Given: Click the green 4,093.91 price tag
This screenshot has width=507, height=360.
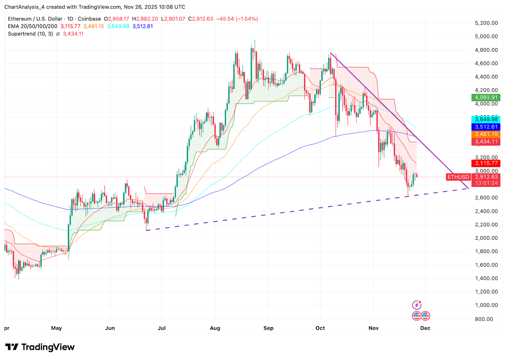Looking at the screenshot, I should pyautogui.click(x=486, y=98).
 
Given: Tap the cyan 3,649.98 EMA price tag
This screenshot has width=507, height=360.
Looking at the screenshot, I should pyautogui.click(x=486, y=119).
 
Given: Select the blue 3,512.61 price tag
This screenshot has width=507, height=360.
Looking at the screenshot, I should pyautogui.click(x=486, y=127).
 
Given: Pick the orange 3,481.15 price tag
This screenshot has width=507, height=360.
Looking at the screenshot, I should pyautogui.click(x=486, y=134).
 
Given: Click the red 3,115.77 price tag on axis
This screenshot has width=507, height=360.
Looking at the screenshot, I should pyautogui.click(x=486, y=163).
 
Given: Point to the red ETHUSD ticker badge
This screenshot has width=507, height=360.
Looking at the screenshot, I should pyautogui.click(x=458, y=177).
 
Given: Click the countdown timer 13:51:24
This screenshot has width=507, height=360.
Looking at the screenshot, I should pyautogui.click(x=486, y=183).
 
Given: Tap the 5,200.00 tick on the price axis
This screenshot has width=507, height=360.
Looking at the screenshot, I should pyautogui.click(x=486, y=23).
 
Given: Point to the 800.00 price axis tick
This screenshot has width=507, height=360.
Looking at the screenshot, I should pyautogui.click(x=484, y=319).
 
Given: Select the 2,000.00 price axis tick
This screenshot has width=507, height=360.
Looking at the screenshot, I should pyautogui.click(x=486, y=238).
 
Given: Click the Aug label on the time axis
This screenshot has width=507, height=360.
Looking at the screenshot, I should pyautogui.click(x=215, y=328).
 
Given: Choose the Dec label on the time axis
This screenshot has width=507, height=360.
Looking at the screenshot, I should pyautogui.click(x=425, y=328).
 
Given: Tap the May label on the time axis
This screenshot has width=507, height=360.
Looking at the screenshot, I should pyautogui.click(x=56, y=328).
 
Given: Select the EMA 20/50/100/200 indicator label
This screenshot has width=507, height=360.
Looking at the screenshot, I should pyautogui.click(x=33, y=26).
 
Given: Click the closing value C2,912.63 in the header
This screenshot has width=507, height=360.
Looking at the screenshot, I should pyautogui.click(x=201, y=19).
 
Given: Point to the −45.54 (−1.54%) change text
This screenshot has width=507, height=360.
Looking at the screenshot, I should pyautogui.click(x=237, y=19).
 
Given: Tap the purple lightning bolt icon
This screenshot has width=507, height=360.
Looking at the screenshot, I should pyautogui.click(x=417, y=305).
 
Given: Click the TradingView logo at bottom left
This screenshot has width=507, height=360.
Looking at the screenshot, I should pyautogui.click(x=40, y=347).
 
